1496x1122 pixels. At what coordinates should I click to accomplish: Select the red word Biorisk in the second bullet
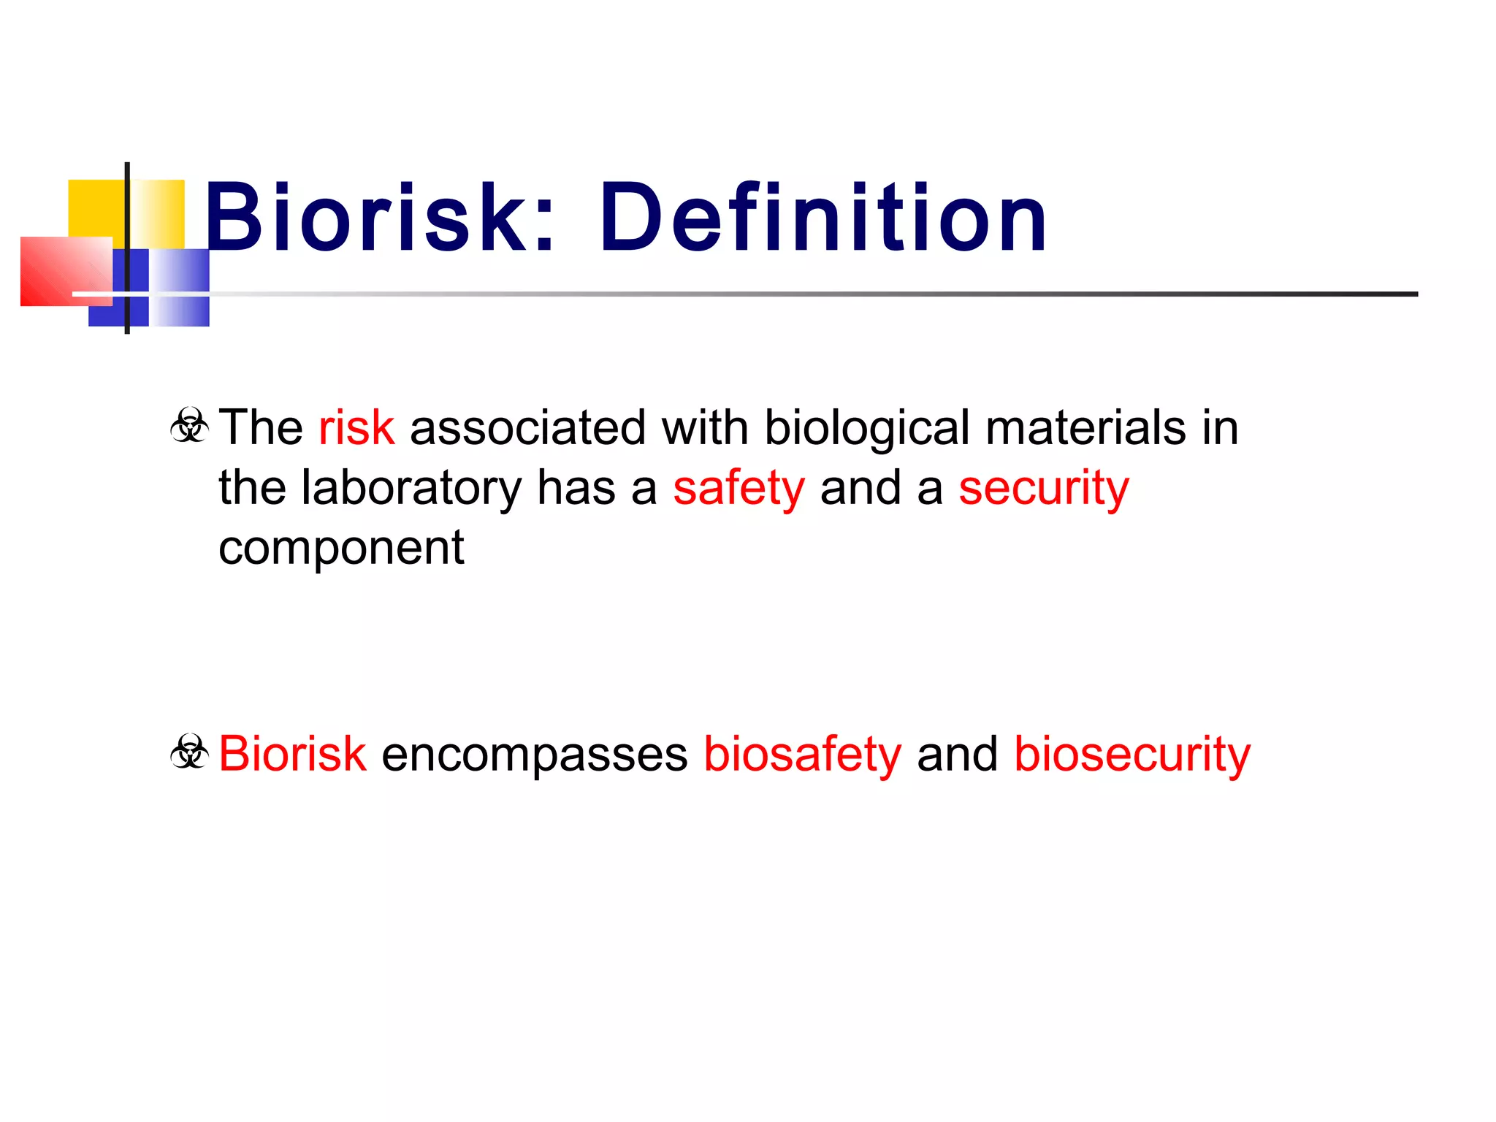tap(292, 754)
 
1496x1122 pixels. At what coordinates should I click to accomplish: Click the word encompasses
tap(534, 755)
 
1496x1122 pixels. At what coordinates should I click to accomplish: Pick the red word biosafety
tap(802, 754)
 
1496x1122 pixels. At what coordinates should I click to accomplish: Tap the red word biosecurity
tap(1131, 754)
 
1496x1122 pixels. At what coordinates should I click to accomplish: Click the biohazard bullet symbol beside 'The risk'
tap(190, 426)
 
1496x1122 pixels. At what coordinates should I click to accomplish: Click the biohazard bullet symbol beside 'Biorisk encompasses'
tap(190, 752)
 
